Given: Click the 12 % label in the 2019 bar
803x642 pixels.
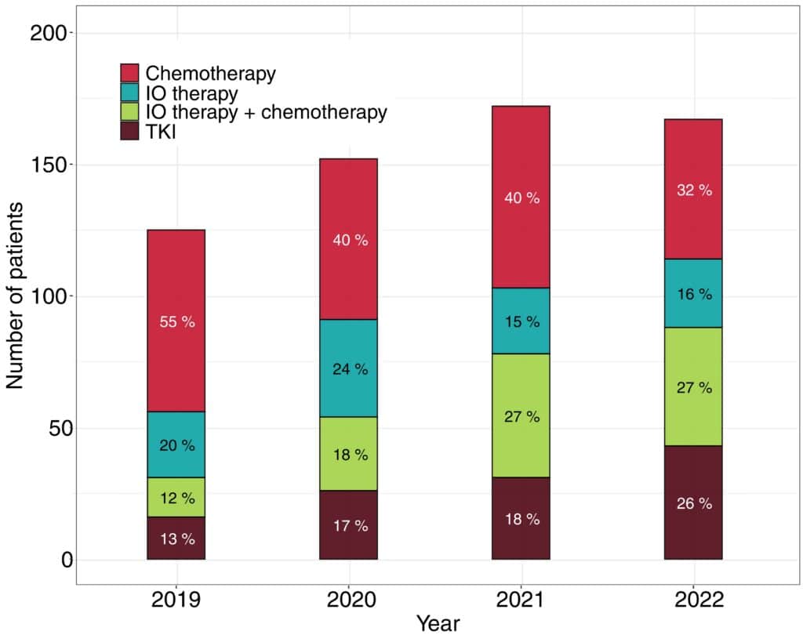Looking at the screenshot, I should (x=176, y=498).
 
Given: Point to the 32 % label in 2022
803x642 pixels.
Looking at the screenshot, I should (x=694, y=190).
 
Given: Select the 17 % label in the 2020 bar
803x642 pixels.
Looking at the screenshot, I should (x=349, y=526).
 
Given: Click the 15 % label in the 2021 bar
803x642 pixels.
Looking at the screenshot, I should (x=521, y=321).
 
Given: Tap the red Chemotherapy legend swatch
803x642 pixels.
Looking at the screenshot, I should (x=129, y=74).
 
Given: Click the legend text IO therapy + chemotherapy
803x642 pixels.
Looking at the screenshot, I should (x=266, y=112).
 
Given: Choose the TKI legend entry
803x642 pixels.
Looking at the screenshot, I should (x=161, y=132).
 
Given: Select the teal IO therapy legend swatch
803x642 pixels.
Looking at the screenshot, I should (x=129, y=93).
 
